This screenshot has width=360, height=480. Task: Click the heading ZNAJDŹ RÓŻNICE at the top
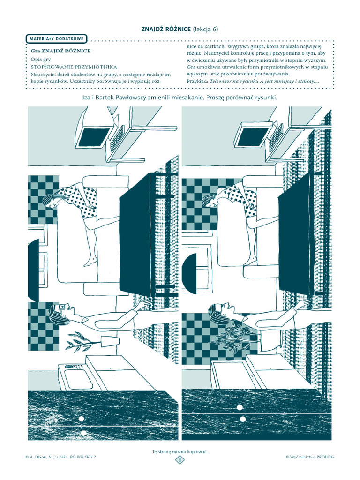coord(166,29)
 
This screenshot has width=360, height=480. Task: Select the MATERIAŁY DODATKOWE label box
coord(56,39)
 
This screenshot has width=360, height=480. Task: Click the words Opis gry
coord(41,60)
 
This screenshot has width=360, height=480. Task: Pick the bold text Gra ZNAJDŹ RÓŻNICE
coord(61,51)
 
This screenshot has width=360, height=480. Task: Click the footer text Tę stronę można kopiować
coord(180,451)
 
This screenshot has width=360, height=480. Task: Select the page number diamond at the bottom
coord(180,460)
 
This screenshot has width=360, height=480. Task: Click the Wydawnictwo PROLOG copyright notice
coord(310,457)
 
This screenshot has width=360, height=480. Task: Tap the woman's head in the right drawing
coord(210,200)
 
